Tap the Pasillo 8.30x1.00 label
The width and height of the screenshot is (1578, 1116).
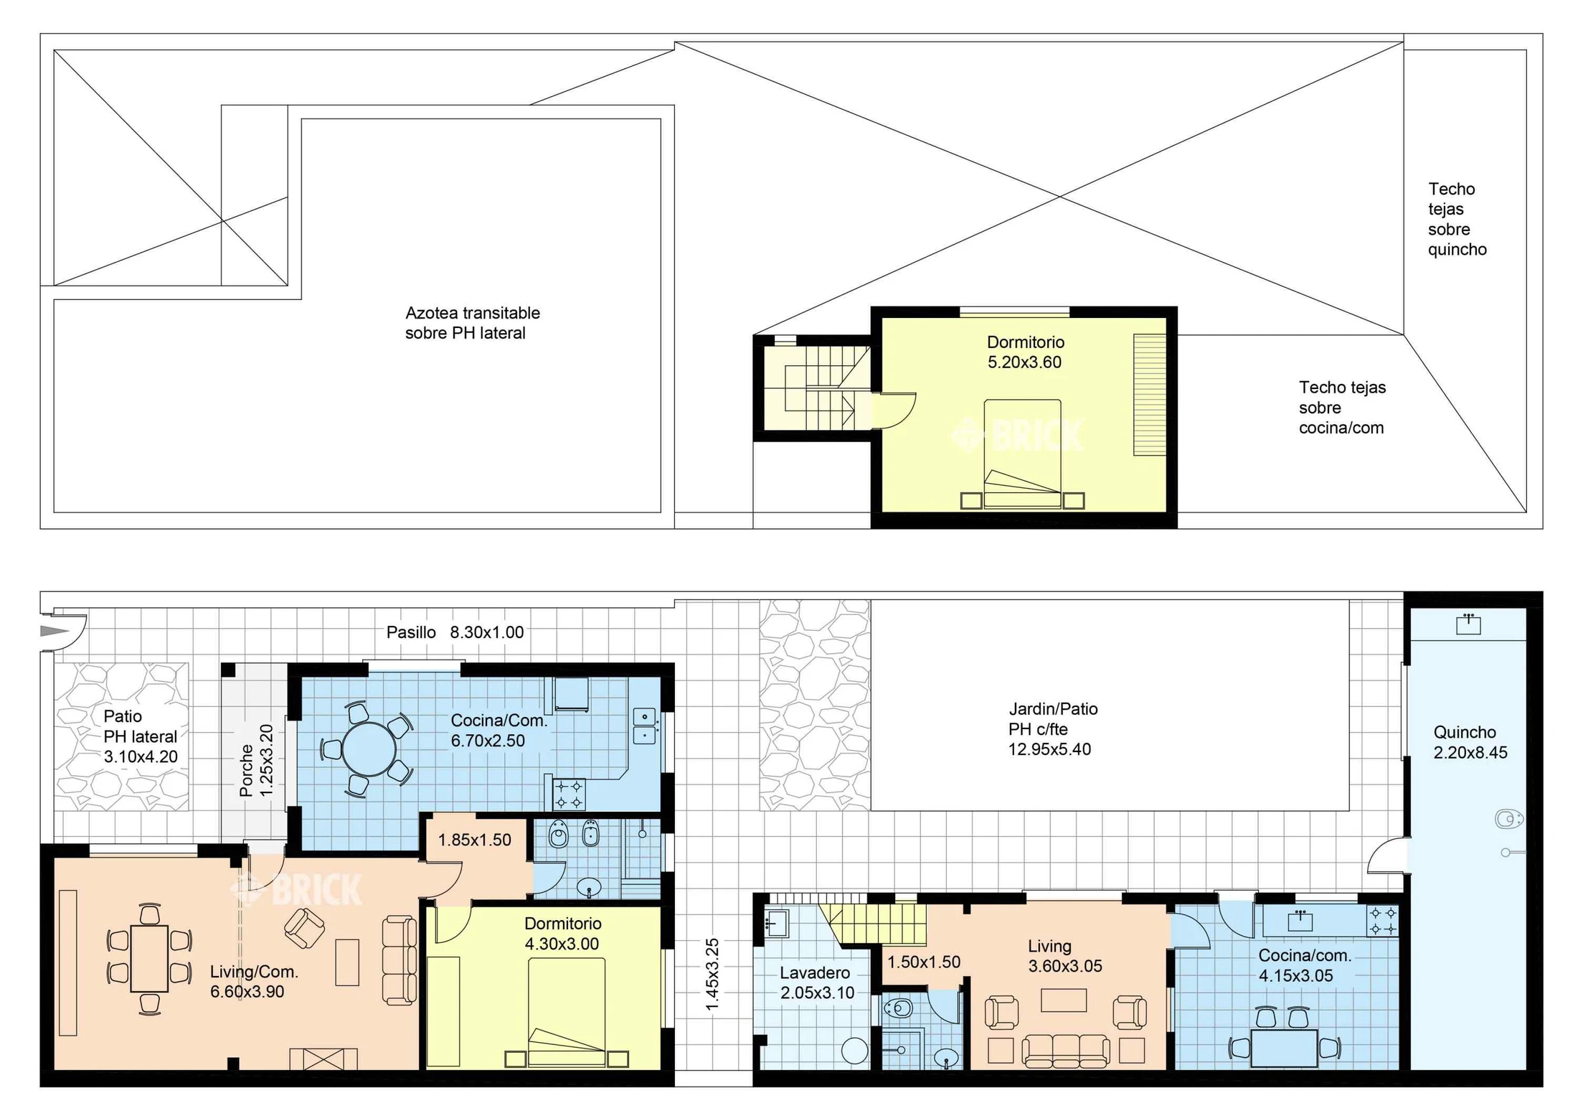click(x=455, y=632)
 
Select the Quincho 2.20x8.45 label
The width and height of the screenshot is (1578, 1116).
click(x=1470, y=742)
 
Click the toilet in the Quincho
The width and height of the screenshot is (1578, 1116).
click(x=1508, y=818)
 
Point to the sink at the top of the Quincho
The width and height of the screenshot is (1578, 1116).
click(x=1468, y=624)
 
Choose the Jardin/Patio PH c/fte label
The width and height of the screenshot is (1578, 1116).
click(x=1052, y=728)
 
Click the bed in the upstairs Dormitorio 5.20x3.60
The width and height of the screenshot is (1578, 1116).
click(x=1022, y=454)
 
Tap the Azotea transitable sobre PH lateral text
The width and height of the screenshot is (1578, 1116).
click(x=472, y=323)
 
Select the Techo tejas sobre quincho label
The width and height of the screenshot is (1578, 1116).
click(x=1457, y=219)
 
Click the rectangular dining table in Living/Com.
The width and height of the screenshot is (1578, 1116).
click(x=149, y=958)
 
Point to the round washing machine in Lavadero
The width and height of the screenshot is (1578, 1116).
click(x=854, y=1050)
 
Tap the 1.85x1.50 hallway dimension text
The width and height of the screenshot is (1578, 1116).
click(x=474, y=840)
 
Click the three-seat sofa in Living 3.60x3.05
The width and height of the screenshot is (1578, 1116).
click(x=1065, y=1050)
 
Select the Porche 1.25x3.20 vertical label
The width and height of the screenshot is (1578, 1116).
click(x=256, y=761)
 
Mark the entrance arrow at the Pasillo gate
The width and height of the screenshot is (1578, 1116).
click(x=54, y=631)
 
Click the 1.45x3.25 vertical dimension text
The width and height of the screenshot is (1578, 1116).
click(x=712, y=974)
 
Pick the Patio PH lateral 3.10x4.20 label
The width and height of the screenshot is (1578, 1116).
click(x=140, y=736)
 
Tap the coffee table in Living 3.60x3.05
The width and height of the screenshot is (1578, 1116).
click(x=1063, y=1000)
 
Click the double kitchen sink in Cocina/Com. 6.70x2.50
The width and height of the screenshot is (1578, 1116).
click(x=644, y=726)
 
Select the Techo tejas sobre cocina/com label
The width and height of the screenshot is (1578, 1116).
click(x=1341, y=407)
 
